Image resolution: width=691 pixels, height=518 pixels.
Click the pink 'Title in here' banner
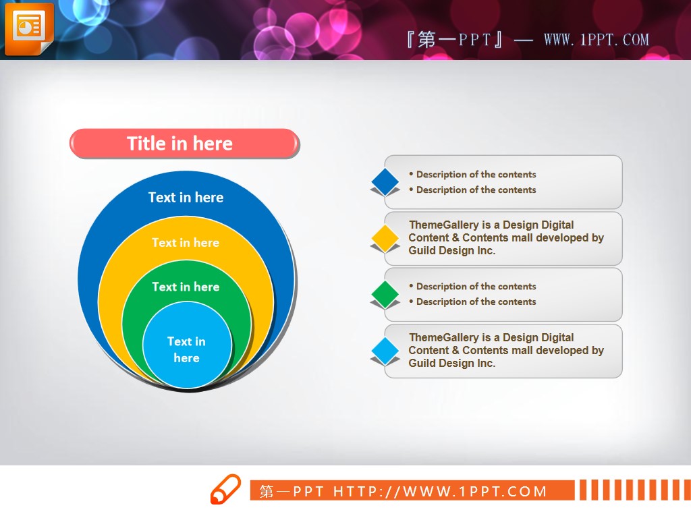click(184, 144)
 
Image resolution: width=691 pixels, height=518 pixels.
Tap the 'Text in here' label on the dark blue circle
click(186, 198)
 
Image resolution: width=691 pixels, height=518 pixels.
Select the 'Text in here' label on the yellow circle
click(186, 243)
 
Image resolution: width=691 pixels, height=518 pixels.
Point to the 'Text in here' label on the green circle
click(186, 287)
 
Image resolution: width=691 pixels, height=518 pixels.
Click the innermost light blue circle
click(187, 345)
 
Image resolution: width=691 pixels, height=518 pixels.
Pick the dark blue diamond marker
click(385, 181)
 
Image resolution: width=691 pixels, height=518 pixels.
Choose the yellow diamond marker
click(385, 238)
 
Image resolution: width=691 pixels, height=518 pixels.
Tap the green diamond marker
click(385, 294)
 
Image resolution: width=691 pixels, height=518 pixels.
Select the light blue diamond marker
click(385, 351)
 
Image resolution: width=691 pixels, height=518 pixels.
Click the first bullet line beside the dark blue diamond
click(472, 175)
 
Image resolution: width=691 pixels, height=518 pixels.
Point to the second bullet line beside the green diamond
click(472, 301)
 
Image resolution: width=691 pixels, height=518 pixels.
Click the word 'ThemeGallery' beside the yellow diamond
click(444, 225)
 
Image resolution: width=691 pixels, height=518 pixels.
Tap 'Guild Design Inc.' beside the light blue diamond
click(451, 363)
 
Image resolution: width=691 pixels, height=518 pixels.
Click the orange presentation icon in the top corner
click(29, 28)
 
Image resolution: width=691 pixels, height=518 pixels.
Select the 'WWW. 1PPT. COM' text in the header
click(597, 40)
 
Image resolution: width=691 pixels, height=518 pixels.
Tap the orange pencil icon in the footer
click(225, 489)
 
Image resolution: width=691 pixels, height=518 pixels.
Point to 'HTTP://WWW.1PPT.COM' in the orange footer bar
click(440, 491)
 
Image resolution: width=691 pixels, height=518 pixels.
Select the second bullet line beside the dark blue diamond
click(472, 190)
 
